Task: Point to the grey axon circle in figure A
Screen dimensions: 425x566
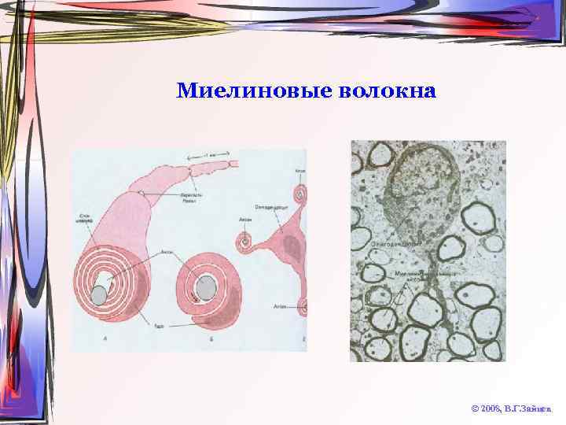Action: coord(99,295)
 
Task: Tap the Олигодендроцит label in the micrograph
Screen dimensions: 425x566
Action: coord(391,246)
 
